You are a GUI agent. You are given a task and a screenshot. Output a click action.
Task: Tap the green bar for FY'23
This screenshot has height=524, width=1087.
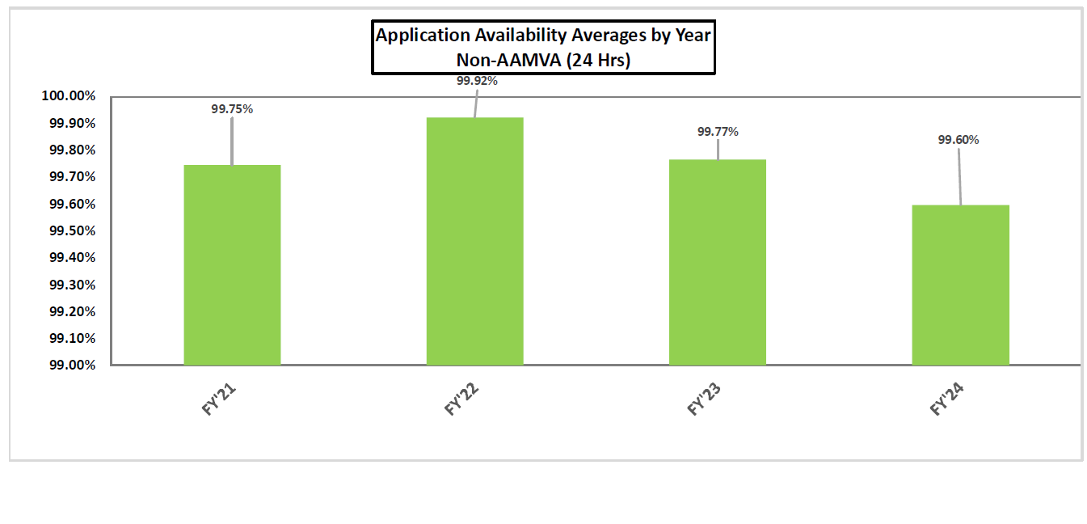717,262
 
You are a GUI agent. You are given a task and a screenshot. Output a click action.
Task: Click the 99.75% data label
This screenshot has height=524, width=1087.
232,109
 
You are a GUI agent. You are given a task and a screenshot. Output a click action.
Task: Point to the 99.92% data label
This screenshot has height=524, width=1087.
476,81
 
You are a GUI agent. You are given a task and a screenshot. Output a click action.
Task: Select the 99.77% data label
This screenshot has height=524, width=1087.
718,132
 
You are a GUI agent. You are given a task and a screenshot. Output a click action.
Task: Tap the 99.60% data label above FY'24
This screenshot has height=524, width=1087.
958,140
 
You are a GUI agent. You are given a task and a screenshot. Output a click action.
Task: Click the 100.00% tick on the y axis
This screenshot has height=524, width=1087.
68,97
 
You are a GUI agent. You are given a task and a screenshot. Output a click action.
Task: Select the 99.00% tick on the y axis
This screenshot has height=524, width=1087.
71,366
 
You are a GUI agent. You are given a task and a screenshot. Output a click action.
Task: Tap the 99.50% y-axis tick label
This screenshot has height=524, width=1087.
71,231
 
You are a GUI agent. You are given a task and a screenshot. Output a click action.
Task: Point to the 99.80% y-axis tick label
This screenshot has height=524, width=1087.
71,150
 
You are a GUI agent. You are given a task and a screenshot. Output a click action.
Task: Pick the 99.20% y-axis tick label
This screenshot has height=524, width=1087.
71,311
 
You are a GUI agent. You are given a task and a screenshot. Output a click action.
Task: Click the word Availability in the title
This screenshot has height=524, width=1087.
525,36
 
